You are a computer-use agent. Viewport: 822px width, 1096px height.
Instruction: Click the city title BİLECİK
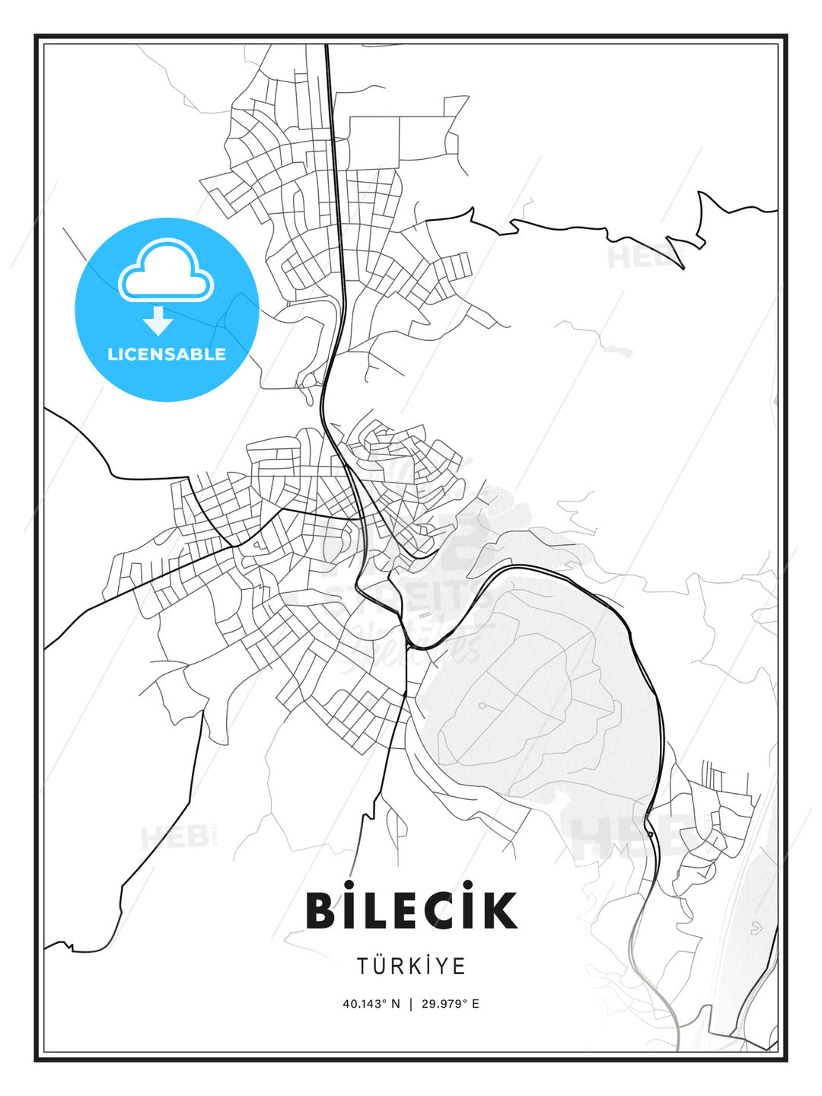pyautogui.click(x=411, y=910)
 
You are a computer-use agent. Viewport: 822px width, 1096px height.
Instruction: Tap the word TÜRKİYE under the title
pyautogui.click(x=411, y=967)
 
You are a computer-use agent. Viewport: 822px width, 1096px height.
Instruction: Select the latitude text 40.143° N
pyautogui.click(x=371, y=1004)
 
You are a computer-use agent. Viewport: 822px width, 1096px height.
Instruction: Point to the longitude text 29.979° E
pyautogui.click(x=451, y=1004)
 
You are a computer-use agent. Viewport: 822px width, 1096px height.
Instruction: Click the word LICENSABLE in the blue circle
pyautogui.click(x=167, y=354)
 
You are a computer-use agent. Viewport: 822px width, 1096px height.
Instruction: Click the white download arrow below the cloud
pyautogui.click(x=158, y=321)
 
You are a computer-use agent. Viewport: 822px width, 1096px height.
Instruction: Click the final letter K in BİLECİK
pyautogui.click(x=499, y=910)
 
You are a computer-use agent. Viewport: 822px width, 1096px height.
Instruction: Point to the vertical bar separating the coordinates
pyautogui.click(x=411, y=1004)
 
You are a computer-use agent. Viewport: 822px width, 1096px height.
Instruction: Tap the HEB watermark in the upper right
pyautogui.click(x=639, y=257)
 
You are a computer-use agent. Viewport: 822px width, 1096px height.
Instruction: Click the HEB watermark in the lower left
pyautogui.click(x=175, y=837)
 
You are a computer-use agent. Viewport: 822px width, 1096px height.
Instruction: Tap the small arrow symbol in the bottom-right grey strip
pyautogui.click(x=755, y=928)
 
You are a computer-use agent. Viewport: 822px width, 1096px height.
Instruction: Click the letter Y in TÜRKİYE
pyautogui.click(x=441, y=967)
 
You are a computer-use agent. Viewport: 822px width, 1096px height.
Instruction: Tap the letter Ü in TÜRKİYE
pyautogui.click(x=379, y=965)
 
